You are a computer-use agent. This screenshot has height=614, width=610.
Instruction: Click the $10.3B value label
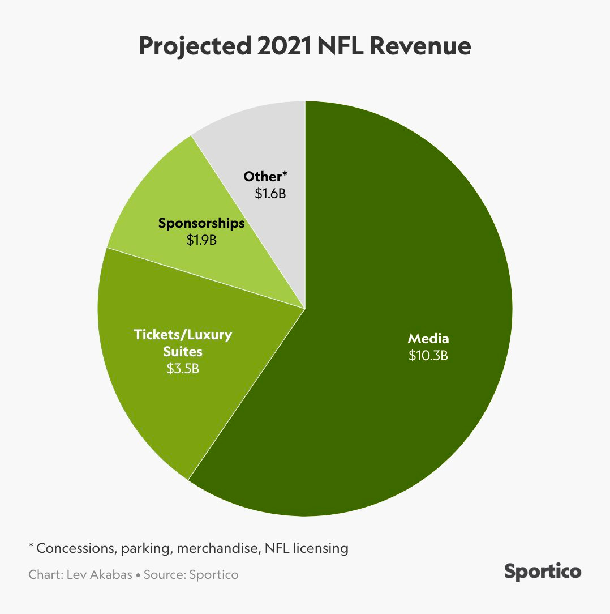[428, 356]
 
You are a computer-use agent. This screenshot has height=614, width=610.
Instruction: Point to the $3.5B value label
[182, 369]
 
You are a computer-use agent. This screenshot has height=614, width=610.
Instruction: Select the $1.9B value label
[201, 240]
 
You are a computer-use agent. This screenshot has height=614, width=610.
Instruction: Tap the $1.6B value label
[270, 194]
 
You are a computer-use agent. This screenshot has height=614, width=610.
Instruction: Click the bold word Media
[428, 339]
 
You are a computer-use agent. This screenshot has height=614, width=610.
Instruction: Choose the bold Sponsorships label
[201, 223]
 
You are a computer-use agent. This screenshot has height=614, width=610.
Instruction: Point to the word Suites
[182, 352]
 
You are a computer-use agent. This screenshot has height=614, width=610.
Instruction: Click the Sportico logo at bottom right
[542, 572]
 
